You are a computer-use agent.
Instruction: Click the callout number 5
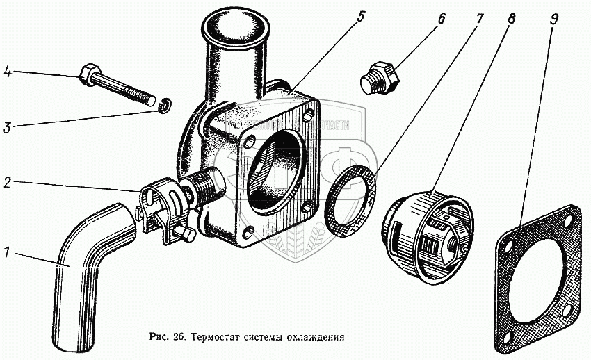pos(360,16)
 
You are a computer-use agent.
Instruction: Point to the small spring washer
pos(164,106)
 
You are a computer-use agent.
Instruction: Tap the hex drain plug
pos(380,76)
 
